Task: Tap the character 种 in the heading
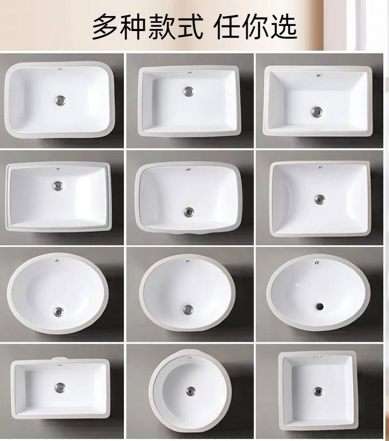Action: coord(133,27)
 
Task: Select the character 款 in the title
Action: coord(161,27)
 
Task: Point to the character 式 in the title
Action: coord(189,27)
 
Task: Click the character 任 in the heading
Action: coord(227,27)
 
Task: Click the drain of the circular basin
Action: coord(190,391)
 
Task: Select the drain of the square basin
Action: coord(318,390)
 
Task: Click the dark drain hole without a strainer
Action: coord(319,305)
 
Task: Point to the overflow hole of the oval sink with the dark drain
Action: coord(317,262)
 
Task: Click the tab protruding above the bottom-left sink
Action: coord(60,359)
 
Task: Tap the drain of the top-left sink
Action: coord(60,99)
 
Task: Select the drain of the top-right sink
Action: coord(317,111)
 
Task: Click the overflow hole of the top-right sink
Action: coord(318,75)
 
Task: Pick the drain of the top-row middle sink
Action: coord(188,91)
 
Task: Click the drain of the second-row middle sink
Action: coord(189,212)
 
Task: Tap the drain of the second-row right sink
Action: coord(319,199)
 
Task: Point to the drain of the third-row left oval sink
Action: coord(58,311)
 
